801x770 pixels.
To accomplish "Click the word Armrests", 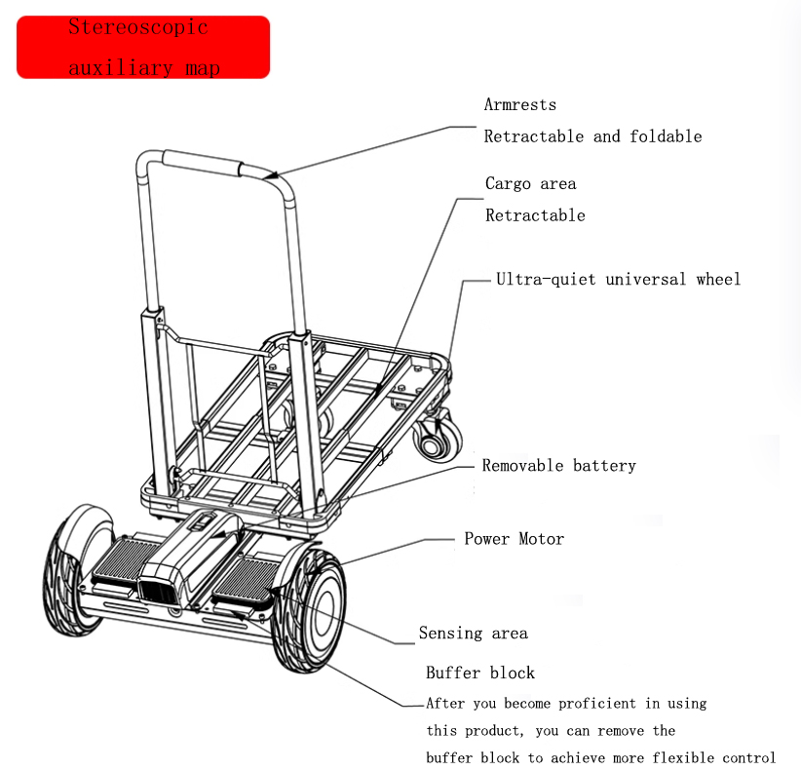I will click(520, 105).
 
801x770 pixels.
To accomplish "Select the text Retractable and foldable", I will click(592, 136).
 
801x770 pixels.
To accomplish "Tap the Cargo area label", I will click(530, 184).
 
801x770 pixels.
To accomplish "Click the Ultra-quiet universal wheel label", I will click(618, 280).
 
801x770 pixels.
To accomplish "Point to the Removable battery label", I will click(558, 466).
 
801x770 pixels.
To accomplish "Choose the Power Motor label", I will click(514, 539).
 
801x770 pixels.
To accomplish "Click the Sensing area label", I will click(473, 634).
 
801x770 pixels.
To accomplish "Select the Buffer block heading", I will click(480, 673).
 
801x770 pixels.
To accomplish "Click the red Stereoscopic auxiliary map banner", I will click(143, 47).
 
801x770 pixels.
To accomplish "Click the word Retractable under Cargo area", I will click(535, 215).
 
